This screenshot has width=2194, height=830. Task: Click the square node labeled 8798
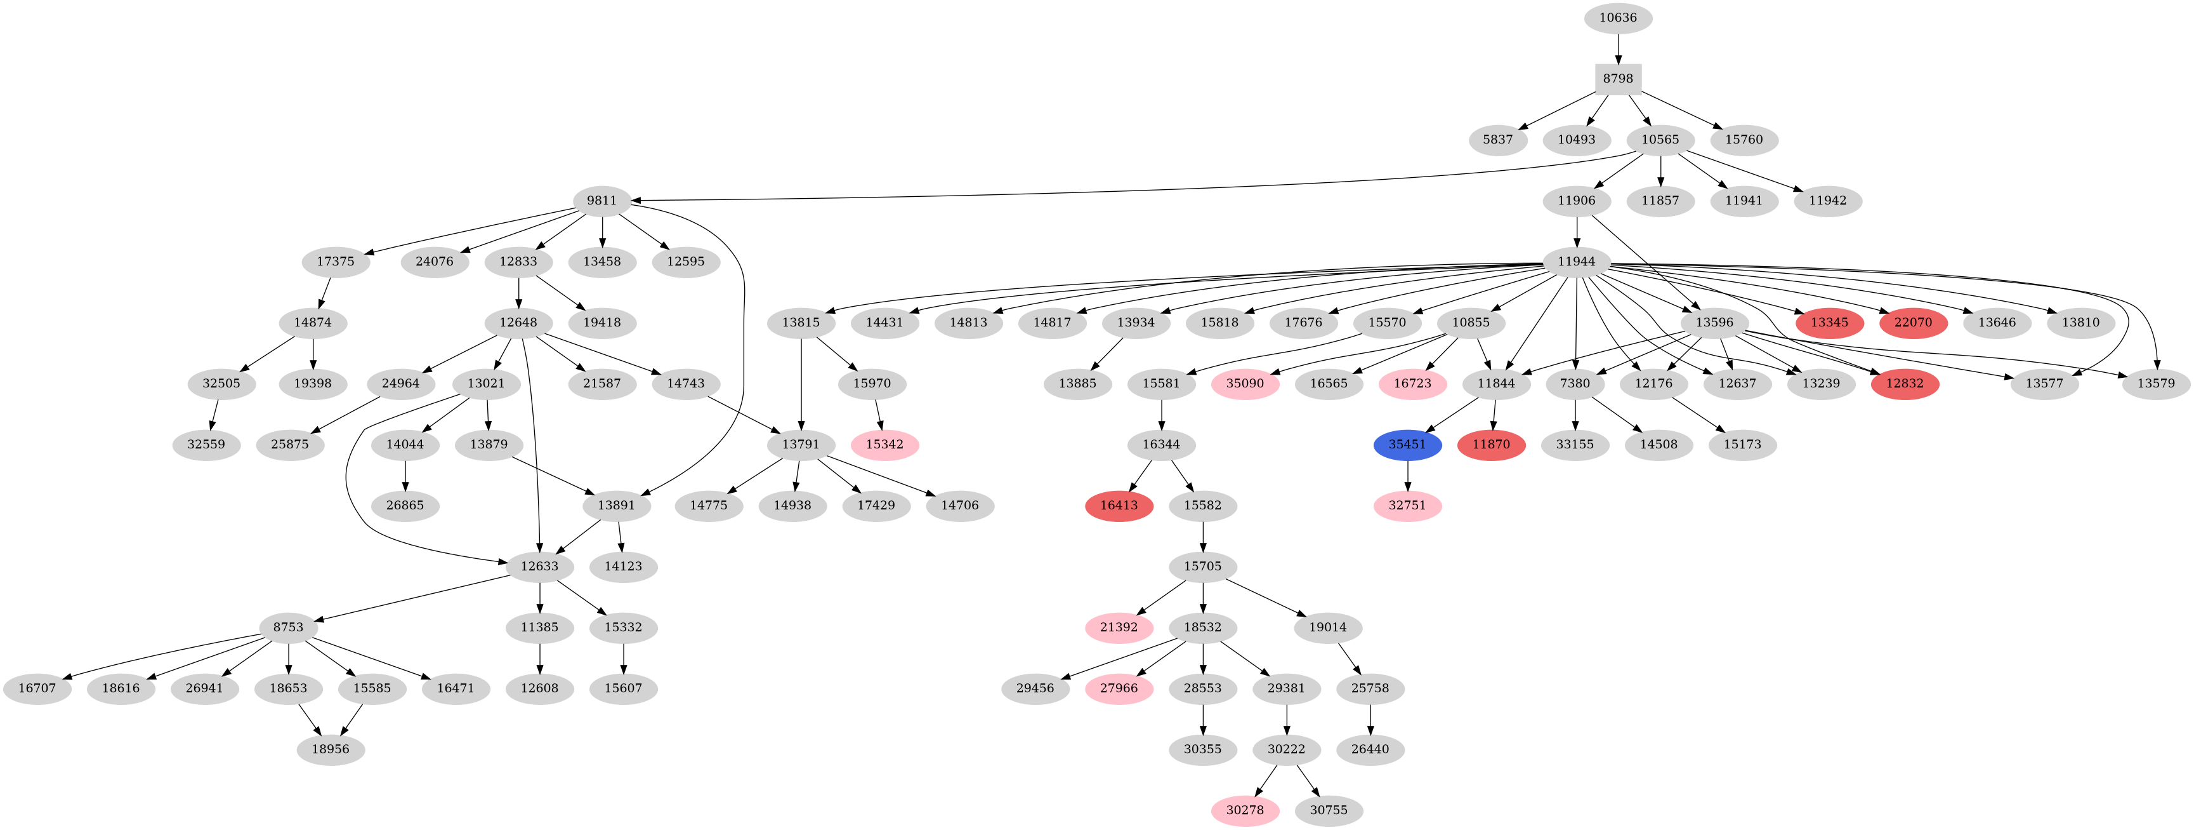pyautogui.click(x=1617, y=78)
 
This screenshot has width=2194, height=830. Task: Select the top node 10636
pyautogui.click(x=1617, y=18)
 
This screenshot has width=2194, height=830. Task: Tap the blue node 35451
pyautogui.click(x=1407, y=445)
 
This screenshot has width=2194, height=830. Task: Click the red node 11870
pyautogui.click(x=1492, y=445)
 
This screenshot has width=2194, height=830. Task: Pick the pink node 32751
pyautogui.click(x=1407, y=505)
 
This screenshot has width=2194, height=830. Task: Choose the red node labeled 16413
pyautogui.click(x=1119, y=505)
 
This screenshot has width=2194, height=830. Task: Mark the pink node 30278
pyautogui.click(x=1244, y=810)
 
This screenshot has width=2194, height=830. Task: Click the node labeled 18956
pyautogui.click(x=331, y=750)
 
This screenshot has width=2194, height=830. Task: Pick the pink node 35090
pyautogui.click(x=1244, y=384)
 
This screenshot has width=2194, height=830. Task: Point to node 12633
pyautogui.click(x=539, y=566)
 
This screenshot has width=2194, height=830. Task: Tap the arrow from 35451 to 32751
pyautogui.click(x=1407, y=476)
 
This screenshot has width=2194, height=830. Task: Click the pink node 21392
pyautogui.click(x=1119, y=628)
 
